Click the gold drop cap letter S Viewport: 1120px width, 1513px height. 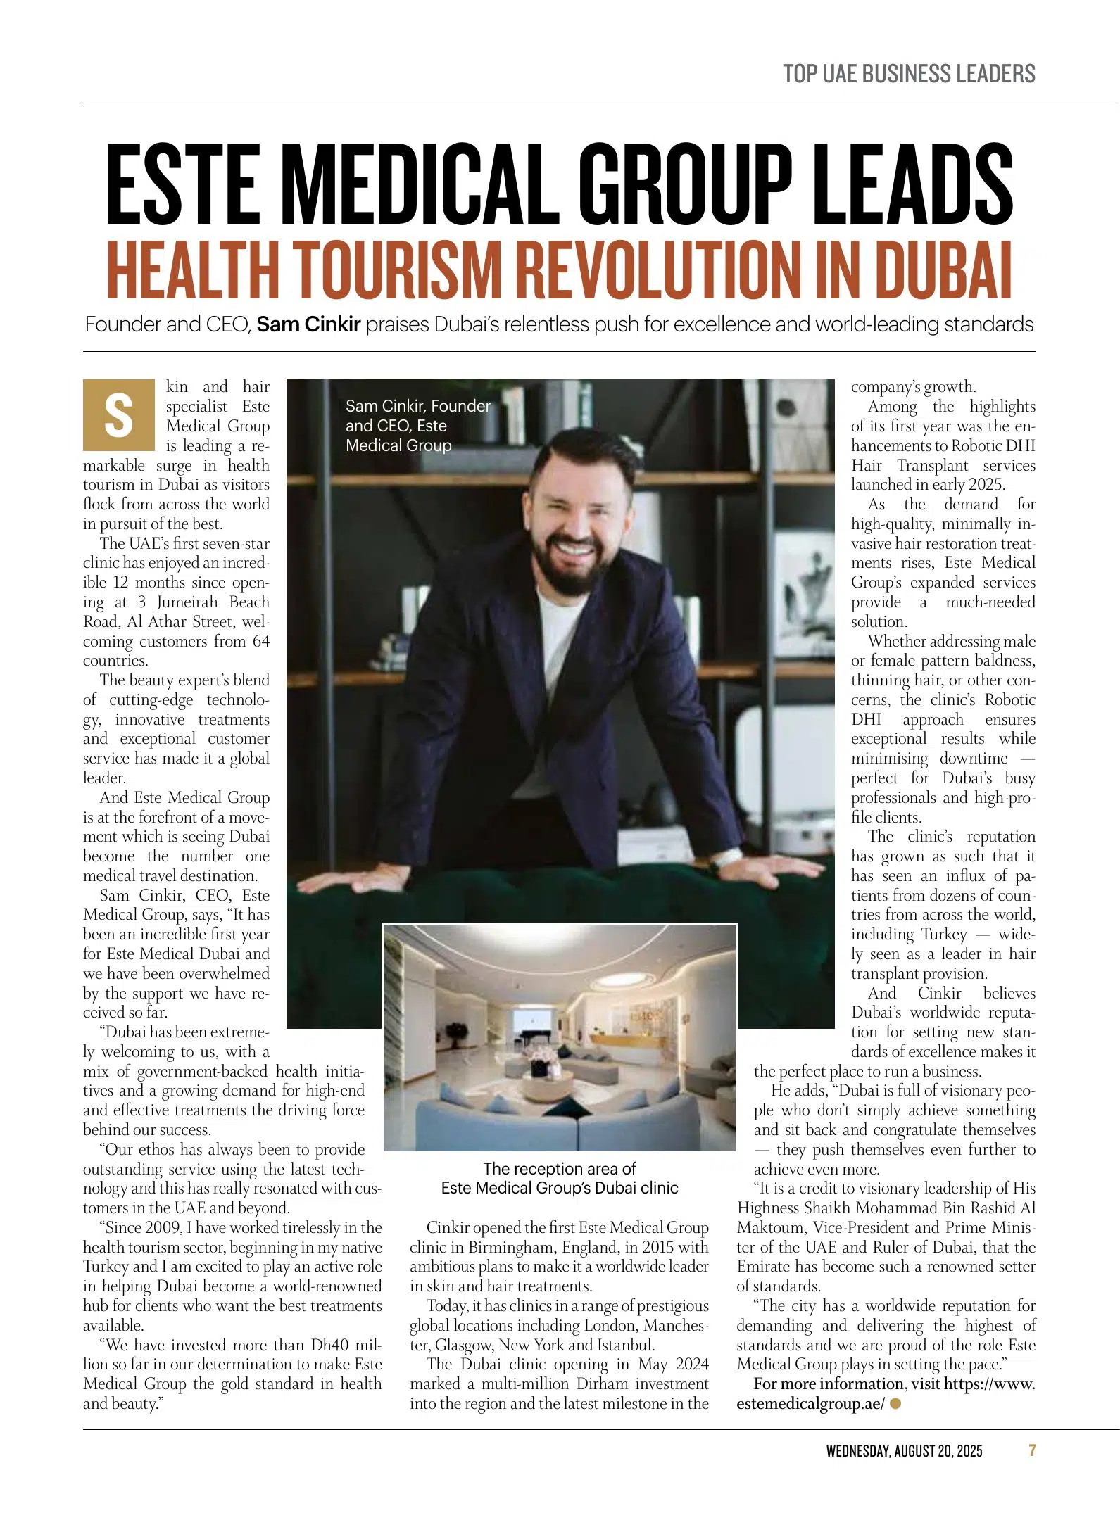pyautogui.click(x=118, y=414)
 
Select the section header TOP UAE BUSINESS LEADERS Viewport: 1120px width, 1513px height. pyautogui.click(x=909, y=74)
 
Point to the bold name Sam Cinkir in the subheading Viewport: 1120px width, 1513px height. pyautogui.click(x=308, y=325)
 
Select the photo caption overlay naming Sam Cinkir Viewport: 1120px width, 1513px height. pyautogui.click(x=417, y=426)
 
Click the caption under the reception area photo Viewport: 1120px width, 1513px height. pyautogui.click(x=560, y=1178)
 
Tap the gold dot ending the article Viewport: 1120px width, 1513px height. pyautogui.click(x=895, y=1403)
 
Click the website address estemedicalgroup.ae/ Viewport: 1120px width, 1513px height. pyautogui.click(x=810, y=1403)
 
